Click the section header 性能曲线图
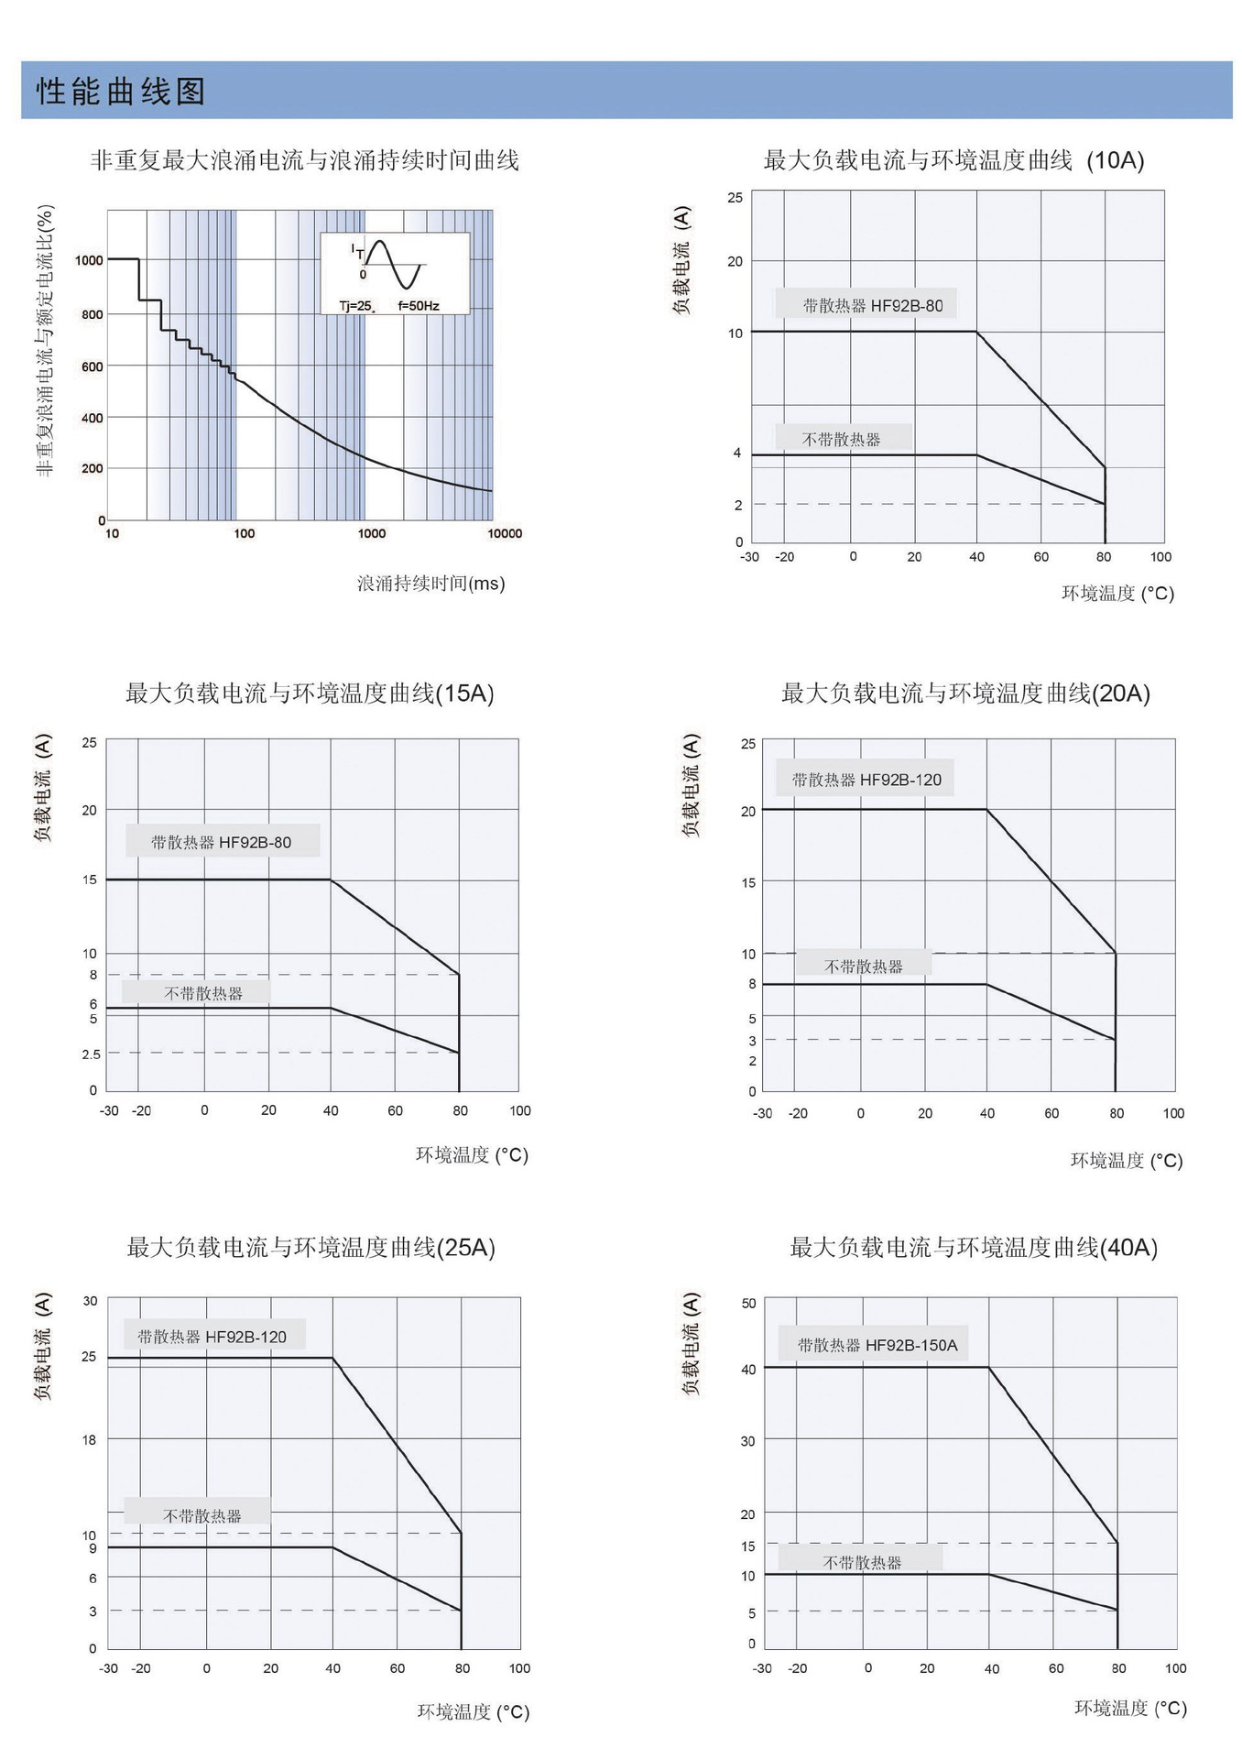pyautogui.click(x=121, y=92)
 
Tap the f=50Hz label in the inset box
pyautogui.click(x=419, y=306)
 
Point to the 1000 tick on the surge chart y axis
pyautogui.click(x=89, y=260)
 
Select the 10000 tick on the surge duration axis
pyautogui.click(x=505, y=534)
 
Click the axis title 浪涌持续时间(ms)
pyautogui.click(x=430, y=584)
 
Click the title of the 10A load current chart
pyautogui.click(x=953, y=160)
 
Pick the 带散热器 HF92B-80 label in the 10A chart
pyautogui.click(x=872, y=306)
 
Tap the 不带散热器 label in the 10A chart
pyautogui.click(x=841, y=440)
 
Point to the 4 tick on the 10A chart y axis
pyautogui.click(x=736, y=453)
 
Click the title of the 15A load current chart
pyautogui.click(x=310, y=694)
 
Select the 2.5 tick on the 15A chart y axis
pyautogui.click(x=91, y=1054)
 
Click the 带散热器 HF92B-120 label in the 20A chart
pyautogui.click(x=866, y=781)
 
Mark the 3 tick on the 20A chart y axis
pyautogui.click(x=752, y=1041)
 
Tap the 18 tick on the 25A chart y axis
pyautogui.click(x=89, y=1440)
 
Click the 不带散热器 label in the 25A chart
pyautogui.click(x=202, y=1516)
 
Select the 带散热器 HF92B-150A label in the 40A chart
pyautogui.click(x=877, y=1346)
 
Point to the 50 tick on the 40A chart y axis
pyautogui.click(x=748, y=1304)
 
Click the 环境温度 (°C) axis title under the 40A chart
pyautogui.click(x=1129, y=1708)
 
